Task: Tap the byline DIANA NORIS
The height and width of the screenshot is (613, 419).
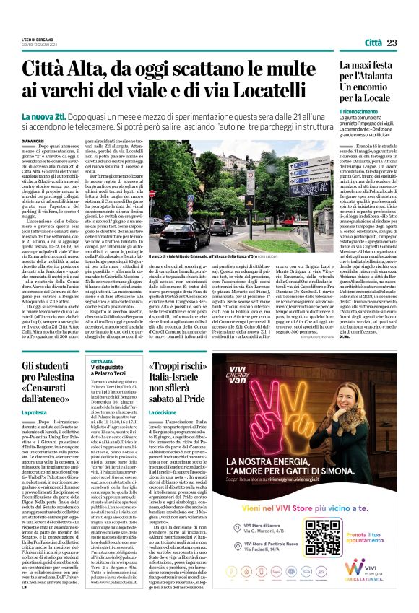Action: click(33, 142)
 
